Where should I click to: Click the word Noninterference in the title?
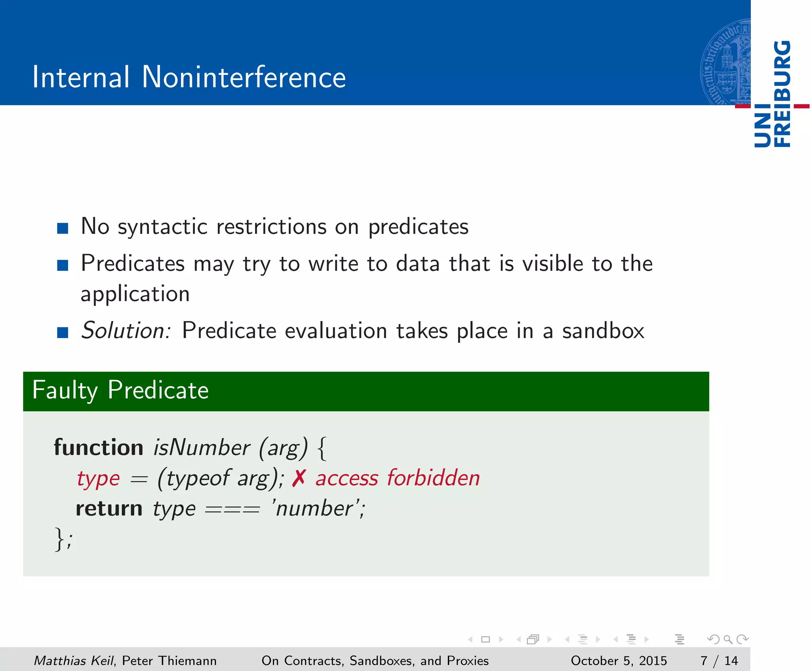pos(244,77)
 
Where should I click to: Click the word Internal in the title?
pos(81,77)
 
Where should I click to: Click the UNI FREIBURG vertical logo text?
pos(772,94)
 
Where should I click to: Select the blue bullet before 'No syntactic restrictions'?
pos(63,228)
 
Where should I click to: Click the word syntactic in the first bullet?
pos(162,227)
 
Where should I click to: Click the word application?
pos(135,294)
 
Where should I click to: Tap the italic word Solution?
pos(126,331)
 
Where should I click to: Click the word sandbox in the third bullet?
pos(603,331)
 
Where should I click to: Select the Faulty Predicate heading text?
pos(120,390)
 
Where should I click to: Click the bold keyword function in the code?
pos(99,448)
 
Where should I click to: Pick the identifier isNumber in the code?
pos(202,448)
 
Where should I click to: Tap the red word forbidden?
pos(433,478)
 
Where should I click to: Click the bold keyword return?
pos(109,509)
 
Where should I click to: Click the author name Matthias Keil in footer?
pos(74,661)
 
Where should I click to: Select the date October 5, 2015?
pos(619,661)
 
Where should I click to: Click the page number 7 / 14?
pos(719,661)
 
